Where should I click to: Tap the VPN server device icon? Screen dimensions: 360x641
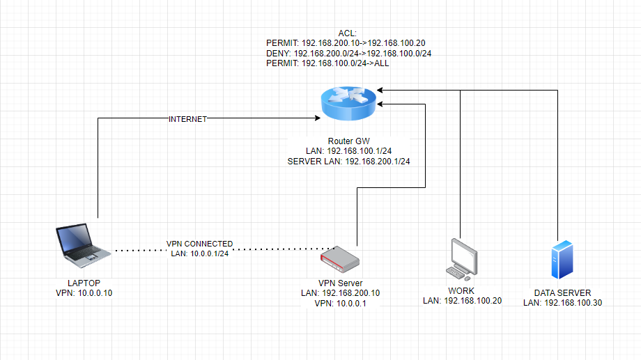[341, 260]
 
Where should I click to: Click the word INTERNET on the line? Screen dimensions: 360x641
[188, 119]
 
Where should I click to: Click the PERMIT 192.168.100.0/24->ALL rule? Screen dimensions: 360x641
[328, 63]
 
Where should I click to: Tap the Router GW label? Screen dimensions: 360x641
[348, 141]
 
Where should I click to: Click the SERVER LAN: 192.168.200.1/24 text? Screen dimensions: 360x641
[348, 162]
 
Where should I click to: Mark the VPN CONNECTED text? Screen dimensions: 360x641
[199, 244]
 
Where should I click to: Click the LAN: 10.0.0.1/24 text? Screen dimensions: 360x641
[199, 253]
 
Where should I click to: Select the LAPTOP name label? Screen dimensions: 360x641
[84, 283]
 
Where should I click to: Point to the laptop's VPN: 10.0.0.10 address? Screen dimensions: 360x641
[84, 293]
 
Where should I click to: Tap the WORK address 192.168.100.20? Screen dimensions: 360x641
[462, 300]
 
